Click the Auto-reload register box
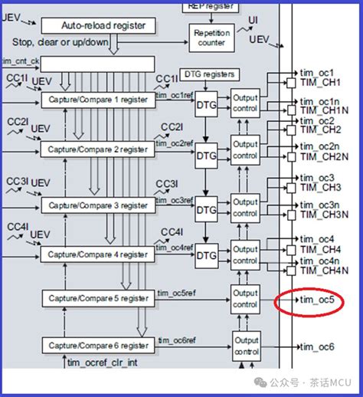[103, 25]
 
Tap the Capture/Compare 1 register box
[98, 100]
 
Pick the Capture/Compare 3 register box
[98, 205]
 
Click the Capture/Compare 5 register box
[98, 298]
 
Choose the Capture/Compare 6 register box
[98, 346]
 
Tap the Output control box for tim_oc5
[245, 298]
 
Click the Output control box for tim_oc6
[245, 346]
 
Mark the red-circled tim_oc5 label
[316, 300]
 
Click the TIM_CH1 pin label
[319, 81]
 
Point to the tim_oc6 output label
[316, 346]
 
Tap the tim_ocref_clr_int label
[101, 363]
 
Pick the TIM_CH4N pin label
[322, 270]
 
